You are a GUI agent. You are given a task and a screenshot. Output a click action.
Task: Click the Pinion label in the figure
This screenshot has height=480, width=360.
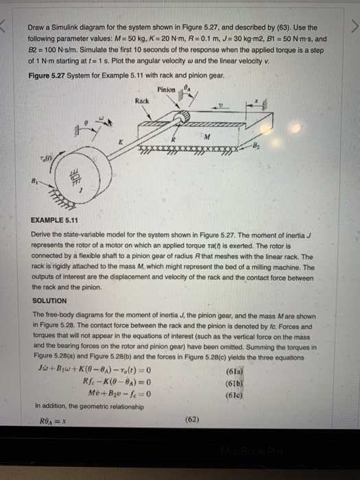(167, 90)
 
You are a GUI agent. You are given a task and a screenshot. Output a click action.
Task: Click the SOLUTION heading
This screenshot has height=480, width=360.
(49, 300)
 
